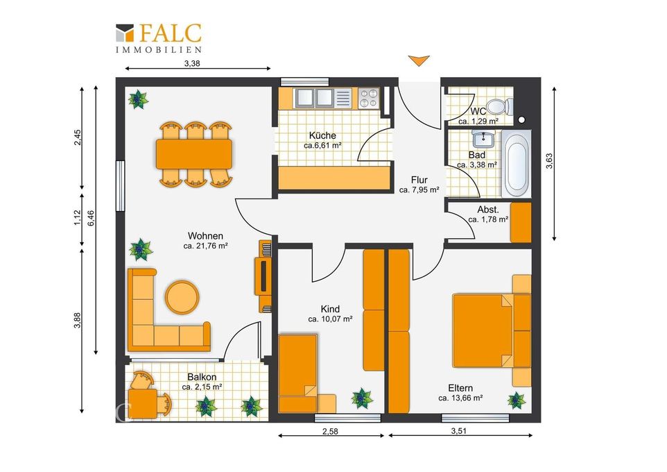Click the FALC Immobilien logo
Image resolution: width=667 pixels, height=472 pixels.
pos(159,38)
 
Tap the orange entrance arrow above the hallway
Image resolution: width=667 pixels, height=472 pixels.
pos(419,60)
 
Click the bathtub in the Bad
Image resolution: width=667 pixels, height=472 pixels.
pos(516,164)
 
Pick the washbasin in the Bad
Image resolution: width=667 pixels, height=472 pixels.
pos(483,138)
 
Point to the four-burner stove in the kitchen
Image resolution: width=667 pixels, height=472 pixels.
pos(368,99)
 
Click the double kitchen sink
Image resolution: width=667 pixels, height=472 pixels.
pos(315,98)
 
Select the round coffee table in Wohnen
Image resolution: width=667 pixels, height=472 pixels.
pos(182,297)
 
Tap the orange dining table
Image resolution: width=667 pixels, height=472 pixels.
pos(194,154)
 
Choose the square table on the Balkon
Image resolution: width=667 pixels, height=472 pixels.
pos(143,403)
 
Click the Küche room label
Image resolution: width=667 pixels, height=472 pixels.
pos(322,135)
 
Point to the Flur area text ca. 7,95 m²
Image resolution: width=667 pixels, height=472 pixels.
pos(419,190)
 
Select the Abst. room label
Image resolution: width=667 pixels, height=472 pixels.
pos(488,210)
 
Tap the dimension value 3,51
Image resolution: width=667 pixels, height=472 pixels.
pos(458,430)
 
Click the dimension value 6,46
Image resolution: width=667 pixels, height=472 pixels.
pos(90,218)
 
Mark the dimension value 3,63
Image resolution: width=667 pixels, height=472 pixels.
pos(549,160)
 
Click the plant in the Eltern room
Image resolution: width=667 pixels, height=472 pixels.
pos(517,401)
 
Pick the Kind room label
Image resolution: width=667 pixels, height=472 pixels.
pos(330,309)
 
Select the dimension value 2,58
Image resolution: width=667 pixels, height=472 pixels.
pos(330,431)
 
